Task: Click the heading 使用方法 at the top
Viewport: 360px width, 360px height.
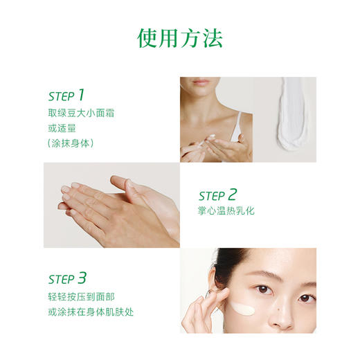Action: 180,37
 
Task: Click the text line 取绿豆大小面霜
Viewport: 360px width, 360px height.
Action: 81,112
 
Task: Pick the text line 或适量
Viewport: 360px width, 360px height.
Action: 62,127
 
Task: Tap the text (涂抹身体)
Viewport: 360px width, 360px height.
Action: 71,143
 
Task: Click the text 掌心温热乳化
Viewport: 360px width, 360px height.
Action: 226,210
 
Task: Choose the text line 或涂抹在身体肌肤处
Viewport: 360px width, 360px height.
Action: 91,312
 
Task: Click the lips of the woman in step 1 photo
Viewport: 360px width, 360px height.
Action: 201,82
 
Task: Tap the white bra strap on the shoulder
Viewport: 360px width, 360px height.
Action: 237,125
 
